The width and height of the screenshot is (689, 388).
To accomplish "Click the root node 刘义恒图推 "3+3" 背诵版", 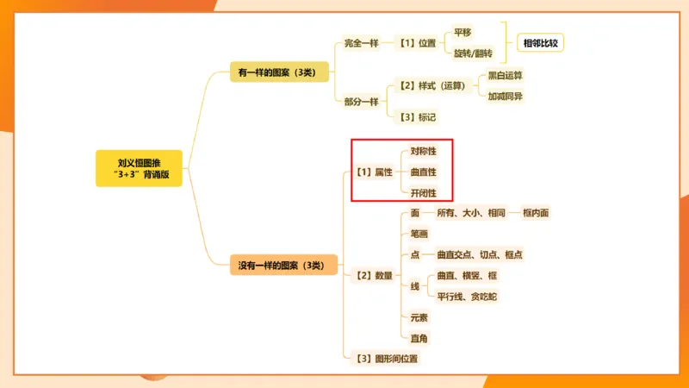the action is click(x=139, y=168).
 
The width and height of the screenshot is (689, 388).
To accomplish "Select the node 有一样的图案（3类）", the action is click(x=279, y=73).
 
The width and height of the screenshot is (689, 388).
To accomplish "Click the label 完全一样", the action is click(x=361, y=42).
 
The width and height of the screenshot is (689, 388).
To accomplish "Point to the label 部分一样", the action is click(x=361, y=102).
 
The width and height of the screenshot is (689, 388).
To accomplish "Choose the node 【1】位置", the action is click(x=417, y=42).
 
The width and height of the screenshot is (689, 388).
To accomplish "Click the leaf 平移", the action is click(x=462, y=33).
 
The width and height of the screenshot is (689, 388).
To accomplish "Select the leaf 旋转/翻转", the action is click(x=473, y=53).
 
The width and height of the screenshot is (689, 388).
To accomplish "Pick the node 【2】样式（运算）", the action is click(x=431, y=86).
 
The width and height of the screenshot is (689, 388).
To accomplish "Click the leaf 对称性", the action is click(x=423, y=152).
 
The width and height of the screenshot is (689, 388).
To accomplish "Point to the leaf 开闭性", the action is click(x=423, y=193).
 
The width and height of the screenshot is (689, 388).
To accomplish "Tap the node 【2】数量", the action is click(x=374, y=276).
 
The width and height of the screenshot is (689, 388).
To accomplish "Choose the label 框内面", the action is click(x=535, y=213).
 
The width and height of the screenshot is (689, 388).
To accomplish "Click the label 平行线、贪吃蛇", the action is click(x=467, y=297).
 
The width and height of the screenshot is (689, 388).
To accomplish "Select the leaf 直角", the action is click(x=419, y=338).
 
